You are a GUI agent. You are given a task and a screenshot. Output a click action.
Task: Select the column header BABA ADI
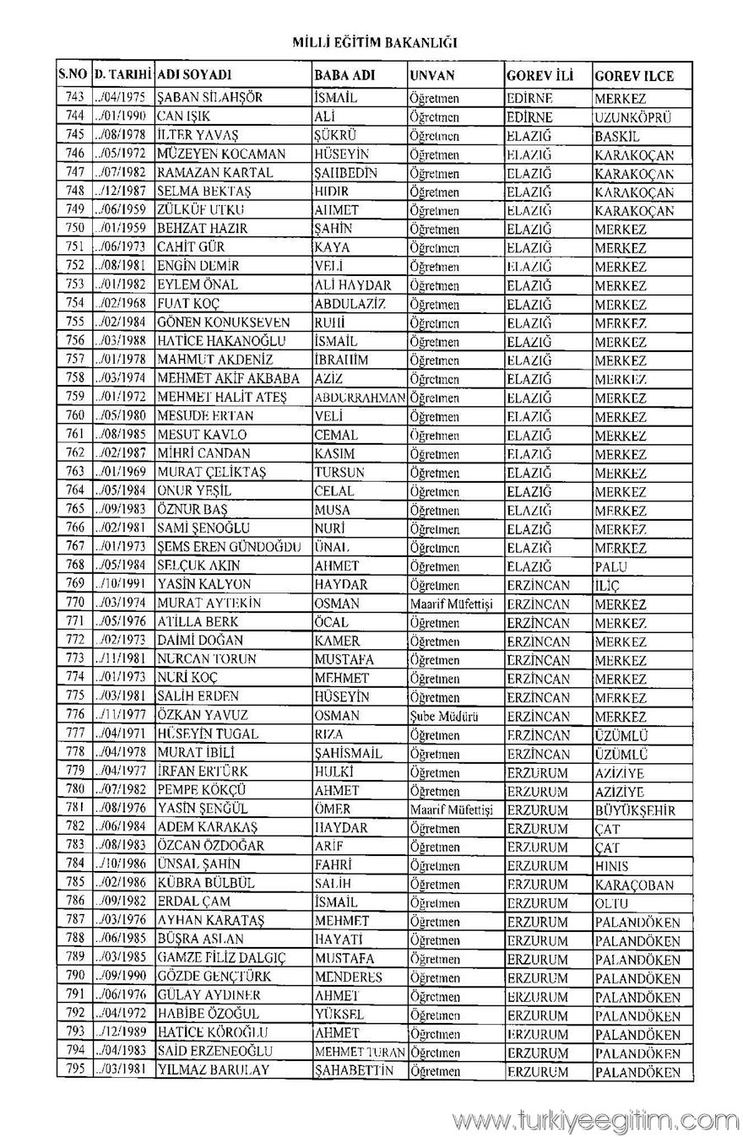pos(344,75)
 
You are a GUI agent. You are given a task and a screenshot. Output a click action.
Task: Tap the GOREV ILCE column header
pos(634,76)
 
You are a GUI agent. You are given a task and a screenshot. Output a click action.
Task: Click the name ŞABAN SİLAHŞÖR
pos(210,98)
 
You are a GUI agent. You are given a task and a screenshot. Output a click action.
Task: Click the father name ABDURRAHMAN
pos(360,398)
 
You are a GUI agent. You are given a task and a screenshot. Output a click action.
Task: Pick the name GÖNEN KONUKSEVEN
pos(224,322)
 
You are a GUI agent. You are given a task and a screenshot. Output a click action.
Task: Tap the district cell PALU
pos(610,566)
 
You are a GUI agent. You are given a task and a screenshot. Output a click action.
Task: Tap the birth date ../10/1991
pos(122,585)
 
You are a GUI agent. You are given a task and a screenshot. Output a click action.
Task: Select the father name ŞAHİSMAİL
pos(348,753)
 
